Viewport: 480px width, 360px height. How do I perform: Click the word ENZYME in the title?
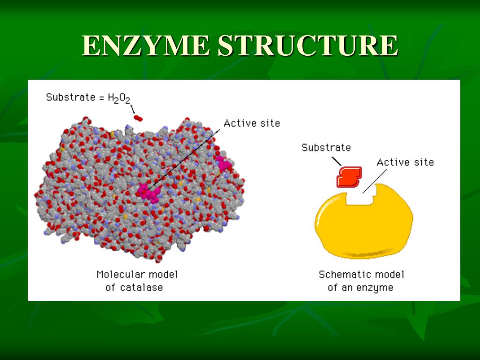[x=146, y=46]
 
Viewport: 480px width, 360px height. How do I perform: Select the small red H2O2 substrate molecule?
[x=138, y=118]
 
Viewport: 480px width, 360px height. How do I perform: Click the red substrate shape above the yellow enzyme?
[x=349, y=176]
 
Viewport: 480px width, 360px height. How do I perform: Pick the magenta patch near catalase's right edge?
[x=223, y=163]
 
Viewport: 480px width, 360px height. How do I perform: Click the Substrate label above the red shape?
[x=326, y=148]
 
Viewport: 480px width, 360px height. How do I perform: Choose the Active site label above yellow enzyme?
[x=405, y=162]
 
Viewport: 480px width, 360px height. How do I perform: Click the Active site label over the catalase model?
[x=251, y=123]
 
